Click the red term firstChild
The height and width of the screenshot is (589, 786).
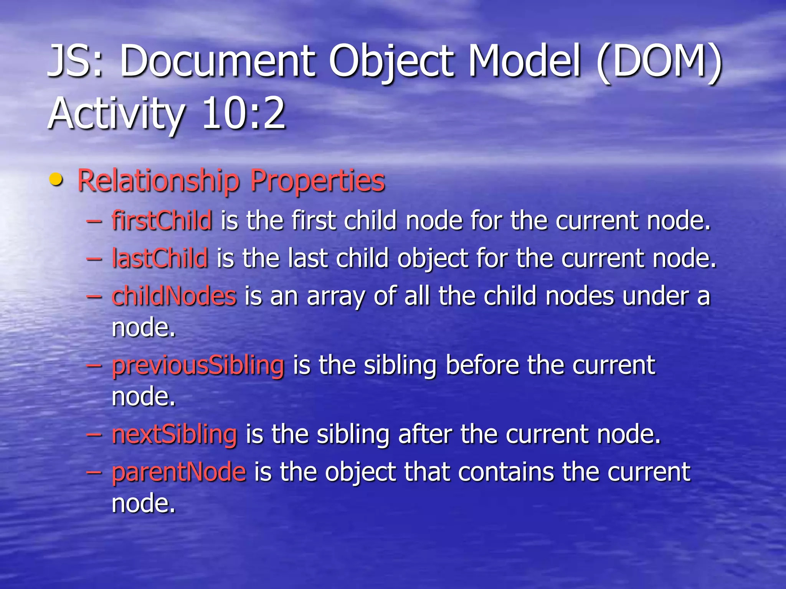(162, 221)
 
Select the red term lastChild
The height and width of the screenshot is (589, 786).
(160, 258)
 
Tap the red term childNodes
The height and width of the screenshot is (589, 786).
(174, 296)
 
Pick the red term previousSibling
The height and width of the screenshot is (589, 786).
(198, 365)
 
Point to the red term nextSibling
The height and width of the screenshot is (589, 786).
(174, 434)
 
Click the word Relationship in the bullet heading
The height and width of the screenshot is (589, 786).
(159, 180)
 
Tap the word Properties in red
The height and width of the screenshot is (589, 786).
(317, 180)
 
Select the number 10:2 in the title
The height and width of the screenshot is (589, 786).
(243, 114)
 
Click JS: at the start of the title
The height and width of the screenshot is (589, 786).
(75, 61)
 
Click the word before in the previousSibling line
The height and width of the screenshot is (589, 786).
(482, 365)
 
